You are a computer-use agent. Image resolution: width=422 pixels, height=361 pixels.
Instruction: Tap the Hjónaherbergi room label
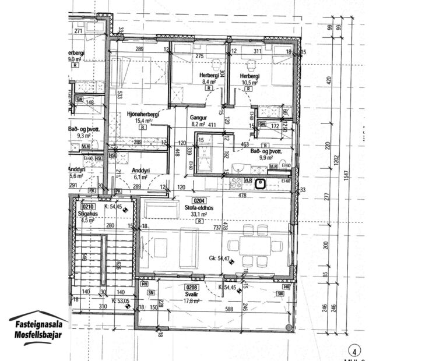[x=143, y=114]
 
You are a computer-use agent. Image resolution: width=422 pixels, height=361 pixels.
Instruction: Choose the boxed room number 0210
[x=88, y=206]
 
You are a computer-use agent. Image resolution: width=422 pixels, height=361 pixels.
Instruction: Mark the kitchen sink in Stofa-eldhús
[x=261, y=185]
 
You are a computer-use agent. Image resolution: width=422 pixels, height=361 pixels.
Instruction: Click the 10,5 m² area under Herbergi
[x=248, y=83]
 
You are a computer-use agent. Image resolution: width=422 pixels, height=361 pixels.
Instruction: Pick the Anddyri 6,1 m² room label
[x=142, y=173]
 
